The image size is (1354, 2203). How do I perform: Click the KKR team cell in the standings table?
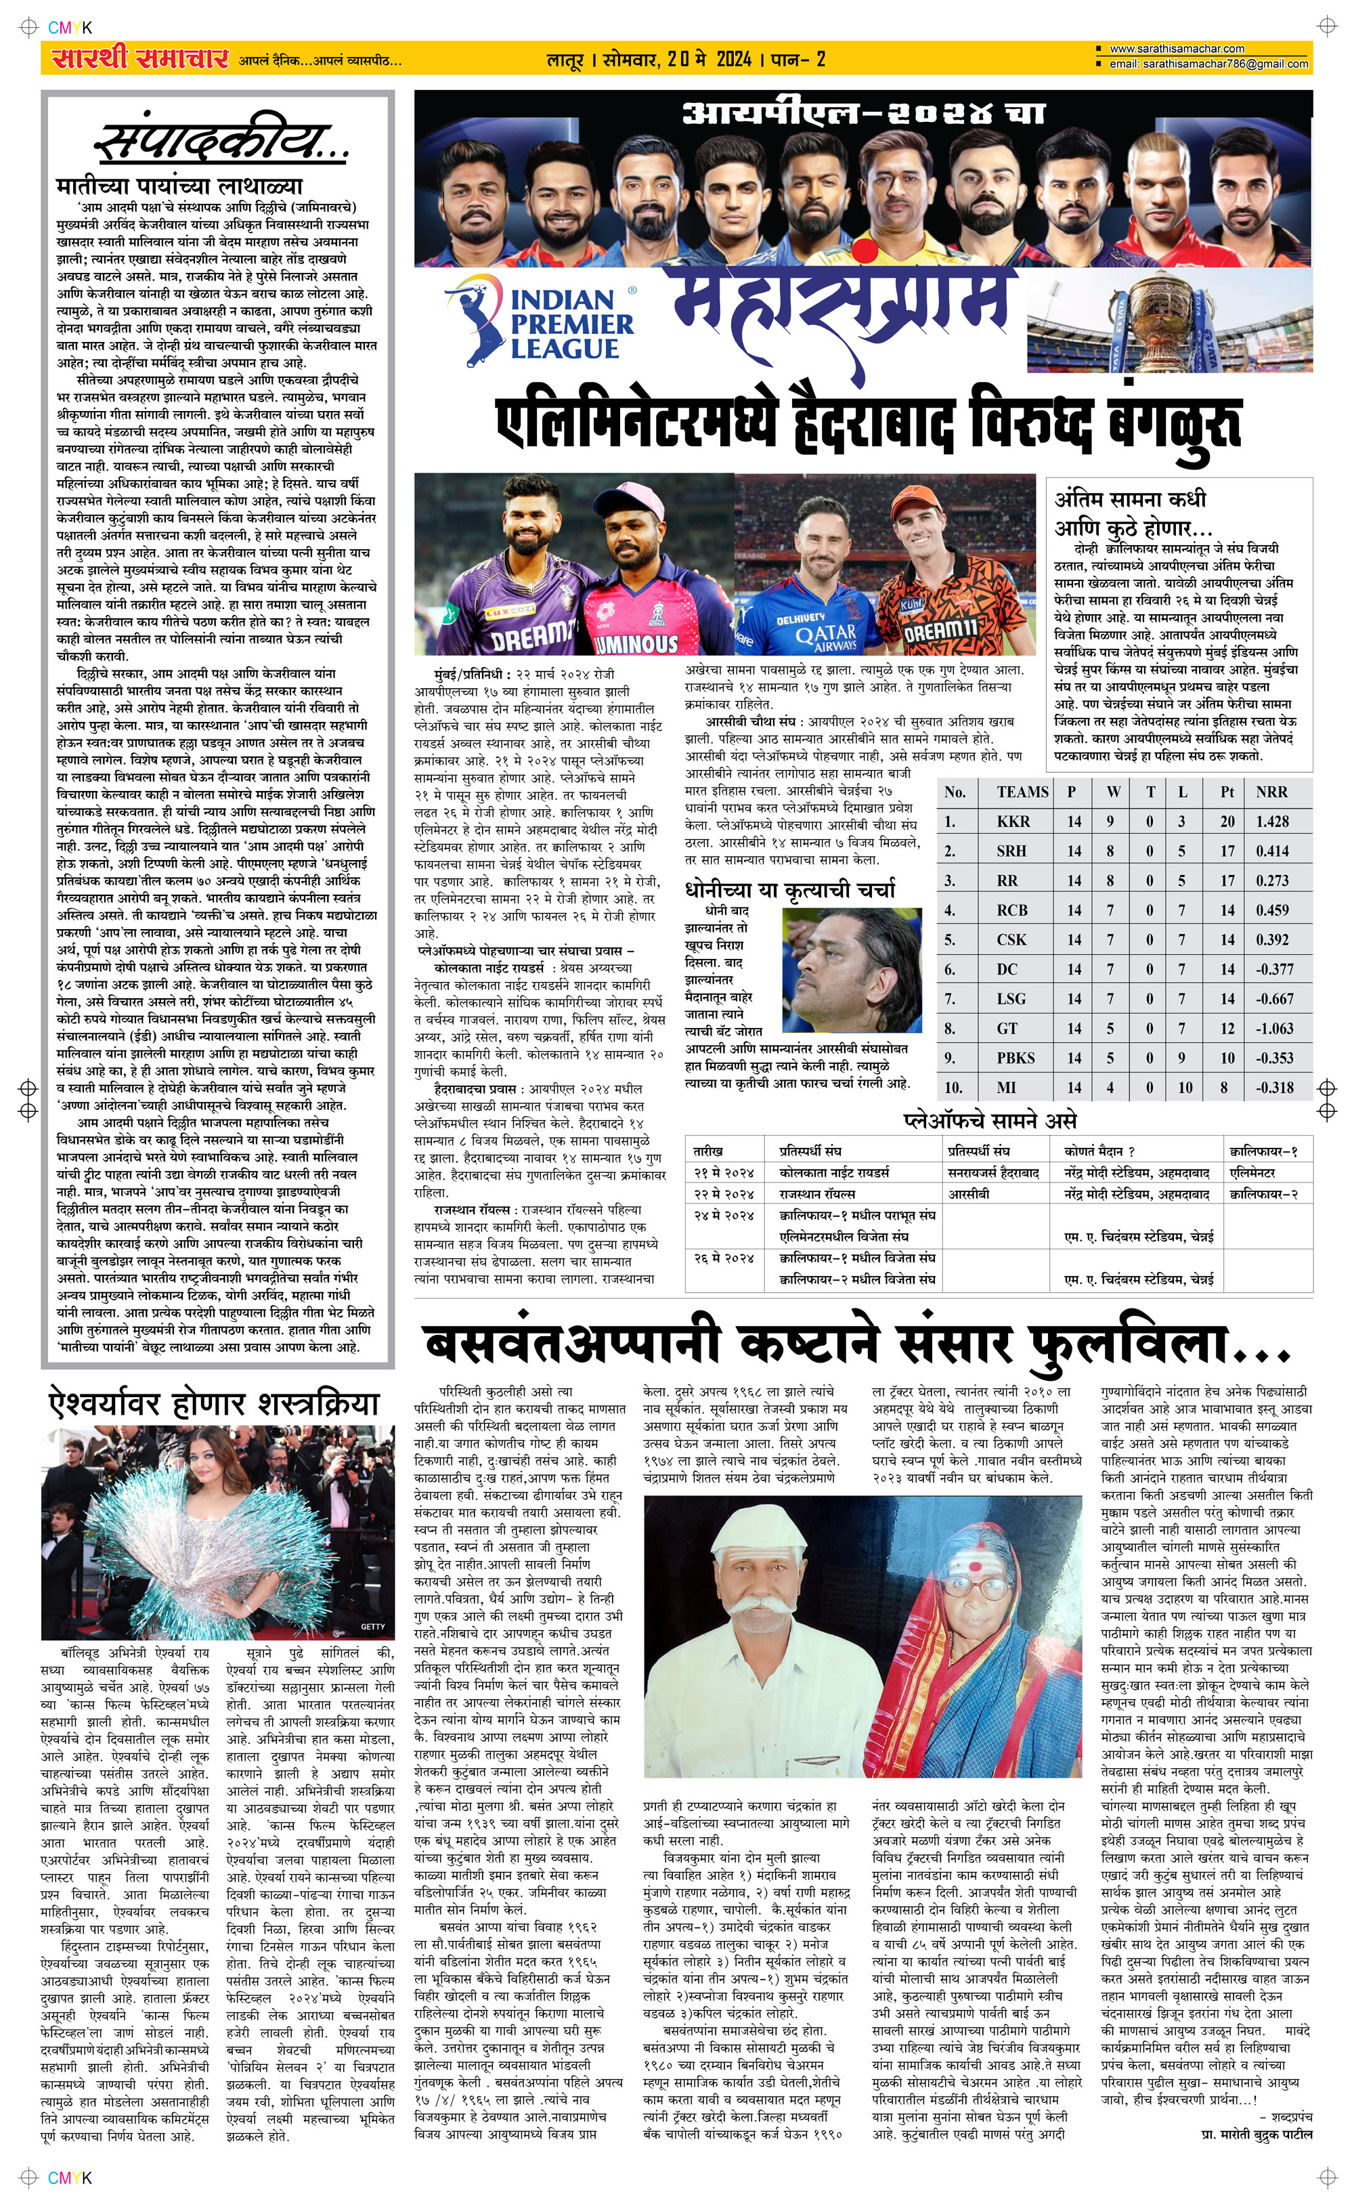[1013, 821]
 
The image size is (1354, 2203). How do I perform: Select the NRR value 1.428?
[1271, 821]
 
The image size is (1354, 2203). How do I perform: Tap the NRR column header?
[1271, 792]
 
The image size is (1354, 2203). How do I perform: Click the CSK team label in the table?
[1012, 940]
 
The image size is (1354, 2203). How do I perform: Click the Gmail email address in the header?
[1209, 64]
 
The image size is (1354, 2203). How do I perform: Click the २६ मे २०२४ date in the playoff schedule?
[724, 1258]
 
